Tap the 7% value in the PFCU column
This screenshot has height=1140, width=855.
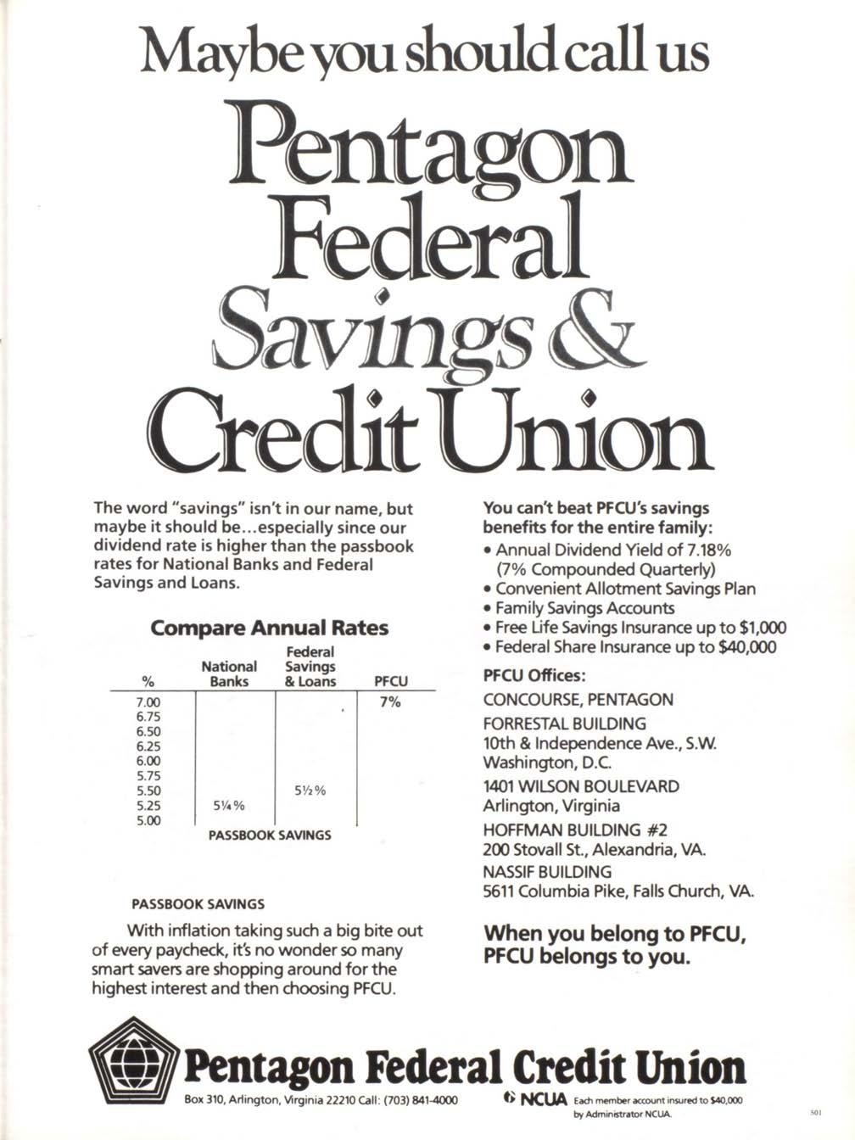pos(389,702)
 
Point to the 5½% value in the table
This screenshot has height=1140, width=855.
pos(310,790)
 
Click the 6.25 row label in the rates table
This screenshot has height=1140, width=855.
pos(148,746)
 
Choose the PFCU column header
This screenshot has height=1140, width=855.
pos(390,681)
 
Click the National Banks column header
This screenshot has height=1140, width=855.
pos(229,673)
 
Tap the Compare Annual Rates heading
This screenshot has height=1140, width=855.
pos(269,629)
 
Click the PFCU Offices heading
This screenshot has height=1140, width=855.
pos(534,676)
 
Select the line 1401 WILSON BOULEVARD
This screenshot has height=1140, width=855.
pos(581,786)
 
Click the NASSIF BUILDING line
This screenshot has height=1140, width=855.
pos(546,871)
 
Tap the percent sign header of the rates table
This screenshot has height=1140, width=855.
pos(148,681)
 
